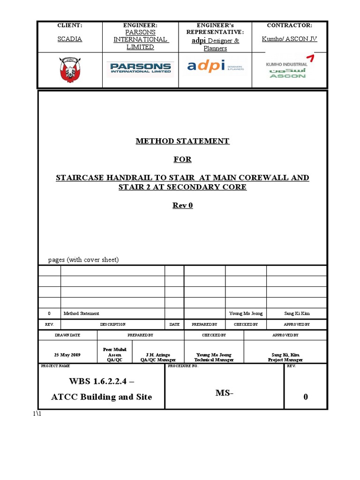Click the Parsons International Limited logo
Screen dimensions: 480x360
140,69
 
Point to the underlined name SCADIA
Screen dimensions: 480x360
69,39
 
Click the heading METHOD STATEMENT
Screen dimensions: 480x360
182,141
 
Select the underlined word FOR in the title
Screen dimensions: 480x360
182,159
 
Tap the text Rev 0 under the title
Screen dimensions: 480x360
182,205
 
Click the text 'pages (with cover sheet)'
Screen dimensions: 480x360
83,260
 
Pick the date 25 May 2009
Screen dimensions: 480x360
67,355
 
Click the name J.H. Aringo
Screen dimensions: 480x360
158,355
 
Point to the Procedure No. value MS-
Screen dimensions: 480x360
224,393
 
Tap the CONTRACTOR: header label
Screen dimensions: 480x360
289,25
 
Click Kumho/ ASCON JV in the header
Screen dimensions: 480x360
289,39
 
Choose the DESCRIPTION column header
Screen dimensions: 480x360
112,324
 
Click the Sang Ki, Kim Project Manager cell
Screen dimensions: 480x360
285,357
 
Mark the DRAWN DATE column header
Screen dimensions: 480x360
67,336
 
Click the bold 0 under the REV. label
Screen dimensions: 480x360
306,397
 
